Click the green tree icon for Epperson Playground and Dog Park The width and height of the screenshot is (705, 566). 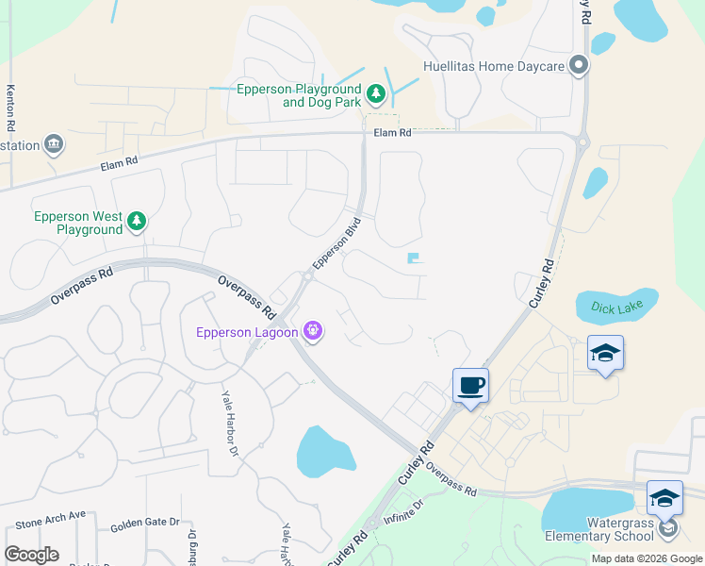(x=376, y=93)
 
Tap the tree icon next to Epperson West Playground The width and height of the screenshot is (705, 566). (x=138, y=222)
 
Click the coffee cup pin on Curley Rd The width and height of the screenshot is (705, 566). (x=471, y=385)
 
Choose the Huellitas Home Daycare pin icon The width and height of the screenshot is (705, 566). (x=579, y=66)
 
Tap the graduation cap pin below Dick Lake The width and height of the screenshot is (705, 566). (x=605, y=353)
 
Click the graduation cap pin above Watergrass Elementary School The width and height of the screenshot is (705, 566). (x=664, y=497)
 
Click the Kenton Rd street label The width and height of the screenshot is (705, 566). (x=11, y=95)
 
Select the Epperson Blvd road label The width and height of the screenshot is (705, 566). (x=338, y=243)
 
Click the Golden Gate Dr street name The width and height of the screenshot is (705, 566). (x=144, y=524)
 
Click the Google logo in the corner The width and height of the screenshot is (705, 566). (x=31, y=555)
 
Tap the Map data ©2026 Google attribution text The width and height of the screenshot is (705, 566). (x=646, y=558)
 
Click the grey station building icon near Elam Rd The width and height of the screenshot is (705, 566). (x=54, y=144)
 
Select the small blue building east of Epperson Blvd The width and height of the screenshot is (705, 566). (x=414, y=258)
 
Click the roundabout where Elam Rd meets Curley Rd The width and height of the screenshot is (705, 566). (x=582, y=143)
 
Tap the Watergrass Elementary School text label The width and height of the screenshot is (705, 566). (x=599, y=529)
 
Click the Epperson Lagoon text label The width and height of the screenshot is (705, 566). (x=247, y=332)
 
